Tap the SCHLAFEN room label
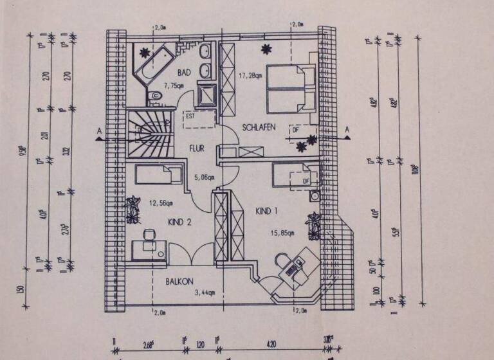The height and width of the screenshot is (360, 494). pos(259,127)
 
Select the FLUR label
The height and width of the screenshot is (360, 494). pos(196,148)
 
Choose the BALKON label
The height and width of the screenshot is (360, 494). pos(180,282)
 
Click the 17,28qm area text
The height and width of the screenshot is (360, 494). pos(251,75)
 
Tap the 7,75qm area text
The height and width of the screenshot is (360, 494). pos(174,85)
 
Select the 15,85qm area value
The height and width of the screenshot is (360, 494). pos(282,233)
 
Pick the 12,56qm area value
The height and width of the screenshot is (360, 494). pos(161,203)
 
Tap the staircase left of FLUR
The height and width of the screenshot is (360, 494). pos(149,133)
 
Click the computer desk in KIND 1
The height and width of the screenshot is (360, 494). pos(295,265)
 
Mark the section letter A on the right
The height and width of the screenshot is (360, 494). pos(347,129)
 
